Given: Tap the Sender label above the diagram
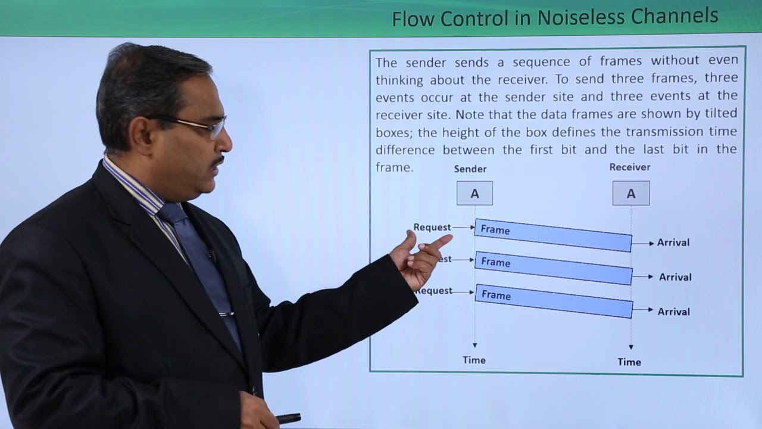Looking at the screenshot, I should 470,169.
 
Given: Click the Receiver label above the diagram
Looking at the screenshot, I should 630,167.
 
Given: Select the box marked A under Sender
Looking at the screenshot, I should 474,193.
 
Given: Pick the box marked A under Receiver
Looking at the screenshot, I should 631,194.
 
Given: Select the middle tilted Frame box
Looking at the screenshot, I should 553,268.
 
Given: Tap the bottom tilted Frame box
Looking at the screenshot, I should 554,301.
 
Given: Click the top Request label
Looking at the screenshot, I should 432,227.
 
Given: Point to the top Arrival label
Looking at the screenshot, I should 673,243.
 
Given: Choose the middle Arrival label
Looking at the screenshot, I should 675,277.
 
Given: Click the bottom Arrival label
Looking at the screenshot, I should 674,312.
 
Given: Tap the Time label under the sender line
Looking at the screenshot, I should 474,360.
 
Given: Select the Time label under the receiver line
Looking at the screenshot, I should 629,362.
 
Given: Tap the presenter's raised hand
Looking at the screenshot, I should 420,259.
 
